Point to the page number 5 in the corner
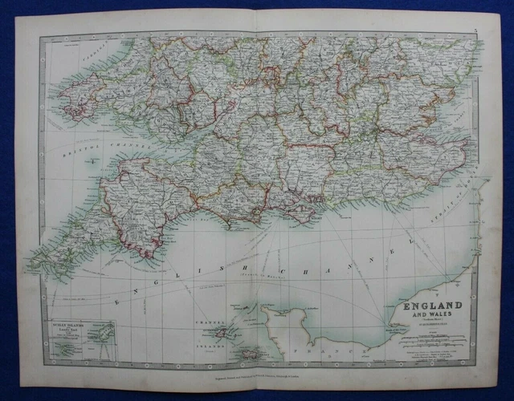[x=475, y=30]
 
